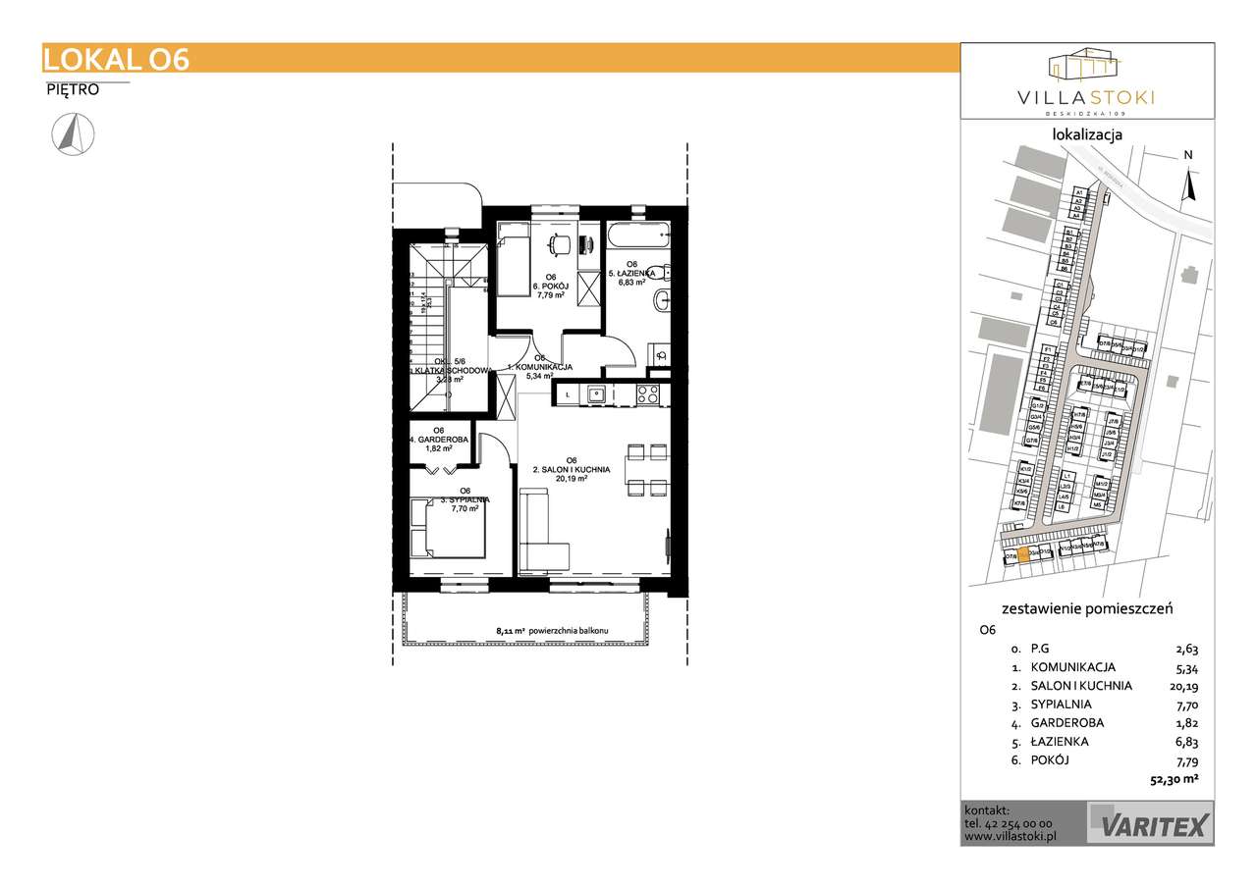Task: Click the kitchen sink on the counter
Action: click(595, 394)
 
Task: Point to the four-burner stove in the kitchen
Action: click(647, 394)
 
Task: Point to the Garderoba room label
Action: click(439, 440)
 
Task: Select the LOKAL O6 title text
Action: click(116, 59)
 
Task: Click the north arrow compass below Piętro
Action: click(73, 134)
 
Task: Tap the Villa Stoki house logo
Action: click(1084, 64)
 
